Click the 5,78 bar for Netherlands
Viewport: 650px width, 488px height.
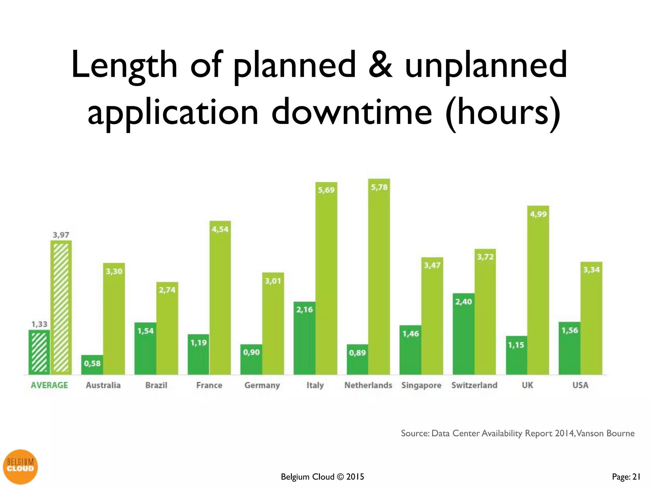(x=379, y=276)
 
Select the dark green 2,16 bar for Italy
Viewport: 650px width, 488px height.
(x=304, y=338)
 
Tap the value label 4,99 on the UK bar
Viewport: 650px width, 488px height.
(x=538, y=214)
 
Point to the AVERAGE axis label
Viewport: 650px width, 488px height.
(x=49, y=385)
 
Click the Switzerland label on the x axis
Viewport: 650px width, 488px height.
(x=474, y=385)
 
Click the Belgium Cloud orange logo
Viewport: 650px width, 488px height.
(x=20, y=467)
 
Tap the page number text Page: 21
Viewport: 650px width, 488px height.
(x=626, y=477)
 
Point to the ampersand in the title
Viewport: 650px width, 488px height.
(x=380, y=65)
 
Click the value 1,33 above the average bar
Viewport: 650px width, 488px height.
(x=39, y=324)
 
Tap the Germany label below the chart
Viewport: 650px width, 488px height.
(x=262, y=385)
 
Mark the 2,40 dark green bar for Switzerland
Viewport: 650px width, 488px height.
(x=463, y=334)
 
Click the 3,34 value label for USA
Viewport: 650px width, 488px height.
(x=591, y=270)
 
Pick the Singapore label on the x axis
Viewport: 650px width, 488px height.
(x=421, y=385)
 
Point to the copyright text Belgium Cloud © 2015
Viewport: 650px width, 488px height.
(x=322, y=477)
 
